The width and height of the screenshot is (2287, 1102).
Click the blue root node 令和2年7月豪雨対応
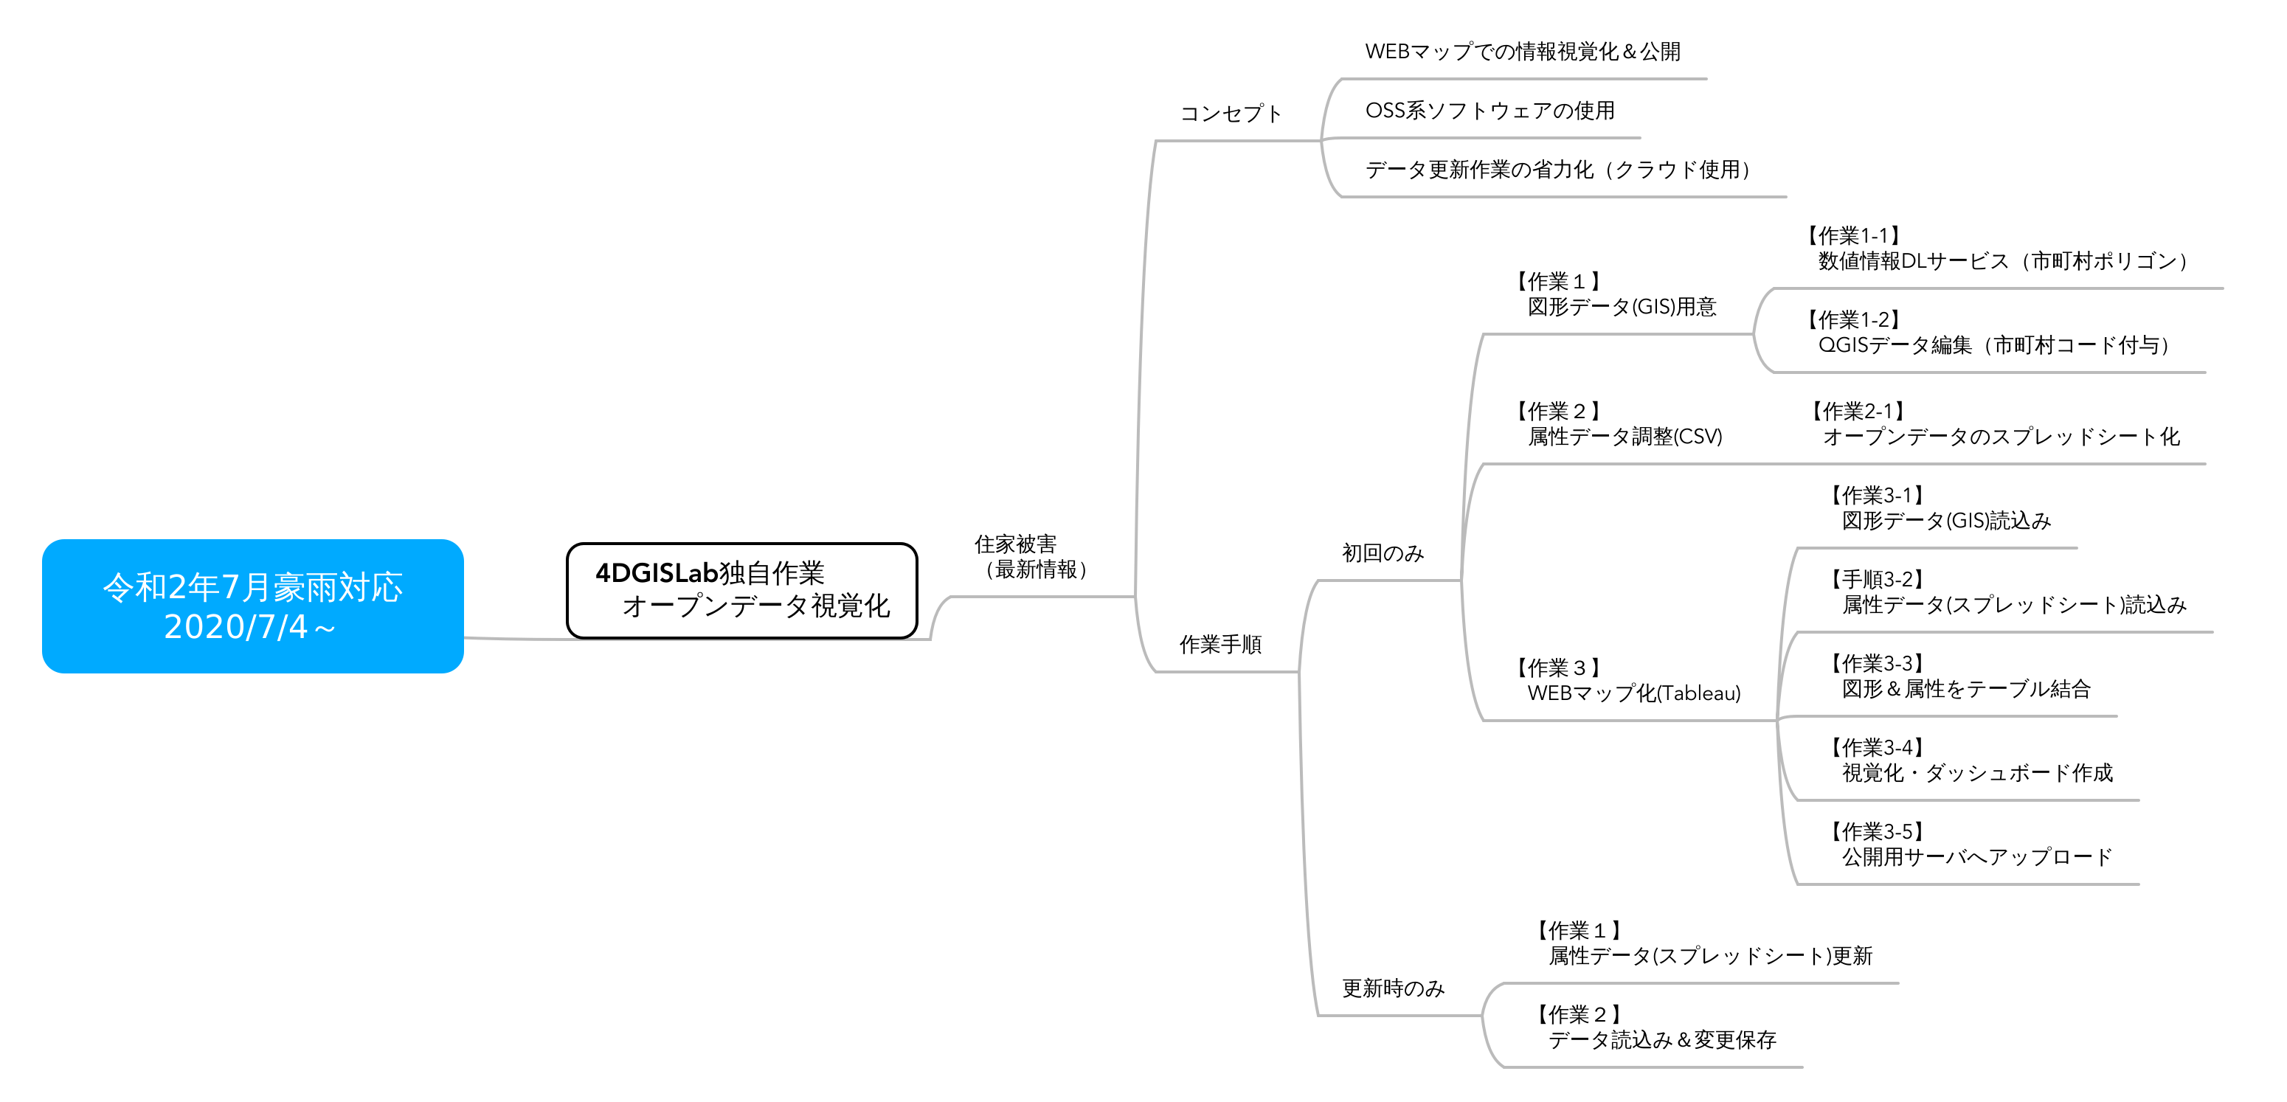pyautogui.click(x=253, y=606)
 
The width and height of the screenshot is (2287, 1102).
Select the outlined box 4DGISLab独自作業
pyautogui.click(x=742, y=591)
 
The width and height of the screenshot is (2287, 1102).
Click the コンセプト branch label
pyautogui.click(x=1231, y=114)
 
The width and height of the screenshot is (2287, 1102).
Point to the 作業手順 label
pyautogui.click(x=1221, y=645)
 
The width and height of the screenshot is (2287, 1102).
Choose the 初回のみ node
pyautogui.click(x=1383, y=553)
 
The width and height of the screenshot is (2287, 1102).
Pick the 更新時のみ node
pyautogui.click(x=1393, y=988)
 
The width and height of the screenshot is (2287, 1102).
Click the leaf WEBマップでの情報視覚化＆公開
pyautogui.click(x=1523, y=52)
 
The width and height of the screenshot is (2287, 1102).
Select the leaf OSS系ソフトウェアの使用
pyautogui.click(x=1490, y=110)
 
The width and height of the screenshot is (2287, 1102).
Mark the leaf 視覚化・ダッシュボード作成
pyautogui.click(x=1977, y=774)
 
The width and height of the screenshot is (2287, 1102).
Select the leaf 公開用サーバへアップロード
pyautogui.click(x=1977, y=857)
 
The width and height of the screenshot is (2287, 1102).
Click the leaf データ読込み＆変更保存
pyautogui.click(x=1662, y=1040)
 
